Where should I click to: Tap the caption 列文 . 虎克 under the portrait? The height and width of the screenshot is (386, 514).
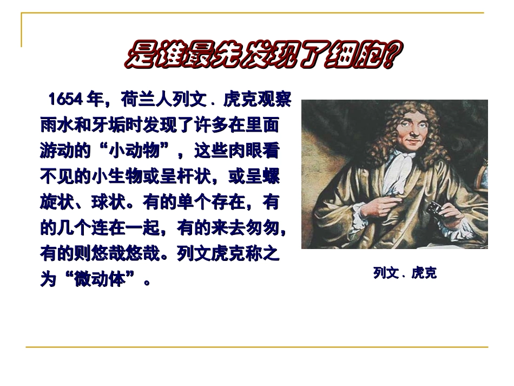pos(404,273)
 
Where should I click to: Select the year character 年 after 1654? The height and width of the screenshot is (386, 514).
pos(95,100)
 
